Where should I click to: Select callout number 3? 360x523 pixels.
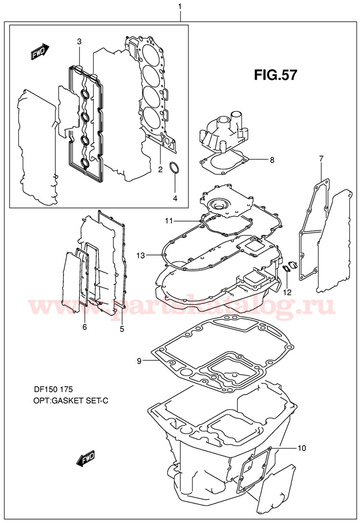coord(79,42)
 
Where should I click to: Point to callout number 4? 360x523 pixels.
coord(175,198)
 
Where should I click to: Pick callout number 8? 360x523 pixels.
coord(272,160)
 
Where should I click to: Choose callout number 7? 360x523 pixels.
coord(321,158)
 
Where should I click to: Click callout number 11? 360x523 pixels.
coord(168,220)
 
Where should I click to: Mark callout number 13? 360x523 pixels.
coord(140,255)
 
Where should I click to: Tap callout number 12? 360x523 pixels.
coord(287,292)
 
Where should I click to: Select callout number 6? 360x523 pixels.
coord(85,327)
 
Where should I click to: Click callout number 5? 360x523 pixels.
coord(122,329)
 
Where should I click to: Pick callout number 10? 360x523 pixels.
coord(301,449)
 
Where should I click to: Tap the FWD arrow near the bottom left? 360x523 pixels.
coord(86,459)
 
